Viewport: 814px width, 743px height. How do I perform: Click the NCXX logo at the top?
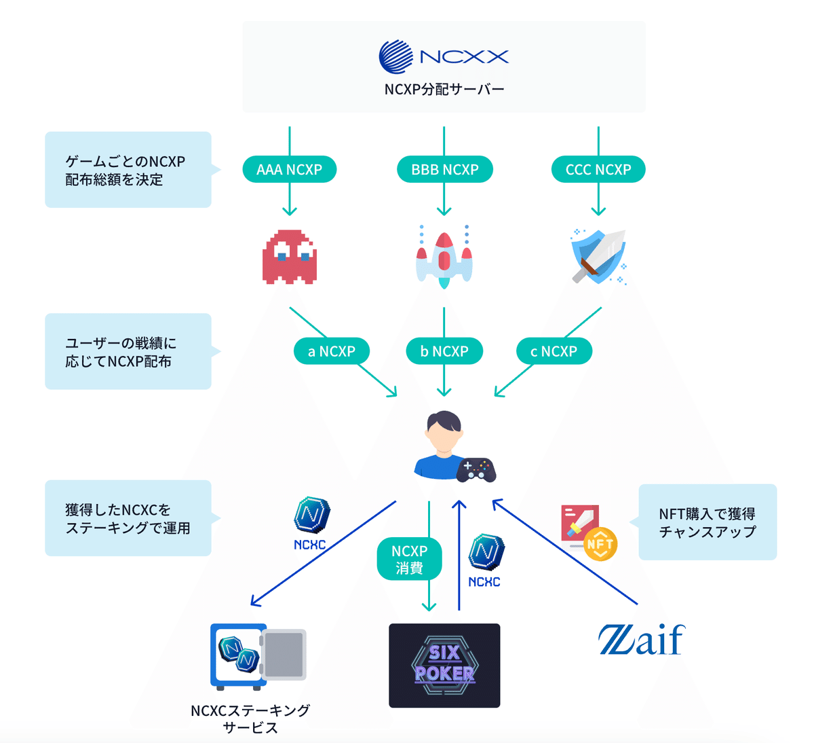[444, 56]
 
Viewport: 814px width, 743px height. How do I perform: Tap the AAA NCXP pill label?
[289, 170]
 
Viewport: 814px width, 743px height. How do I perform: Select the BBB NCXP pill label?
[444, 170]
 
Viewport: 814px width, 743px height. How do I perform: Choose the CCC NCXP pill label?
[598, 170]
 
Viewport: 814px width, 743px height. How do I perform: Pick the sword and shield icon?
[598, 257]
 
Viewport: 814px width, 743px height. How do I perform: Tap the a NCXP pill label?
[332, 351]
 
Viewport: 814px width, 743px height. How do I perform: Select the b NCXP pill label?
[444, 351]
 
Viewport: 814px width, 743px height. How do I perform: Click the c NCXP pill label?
[554, 351]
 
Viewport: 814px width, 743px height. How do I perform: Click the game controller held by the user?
[476, 469]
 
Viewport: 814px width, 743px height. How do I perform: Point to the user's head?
[444, 431]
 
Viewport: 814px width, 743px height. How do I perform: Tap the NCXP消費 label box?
[409, 560]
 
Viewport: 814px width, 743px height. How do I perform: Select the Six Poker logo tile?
[444, 666]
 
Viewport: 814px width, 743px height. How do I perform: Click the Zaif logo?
[641, 640]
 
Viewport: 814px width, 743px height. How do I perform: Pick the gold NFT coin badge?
[600, 543]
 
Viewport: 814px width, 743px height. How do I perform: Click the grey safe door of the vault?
[284, 655]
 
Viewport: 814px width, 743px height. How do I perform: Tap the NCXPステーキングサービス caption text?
[250, 719]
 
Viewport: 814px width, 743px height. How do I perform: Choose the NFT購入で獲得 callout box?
[708, 522]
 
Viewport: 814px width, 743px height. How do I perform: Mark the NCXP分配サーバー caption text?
[444, 89]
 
